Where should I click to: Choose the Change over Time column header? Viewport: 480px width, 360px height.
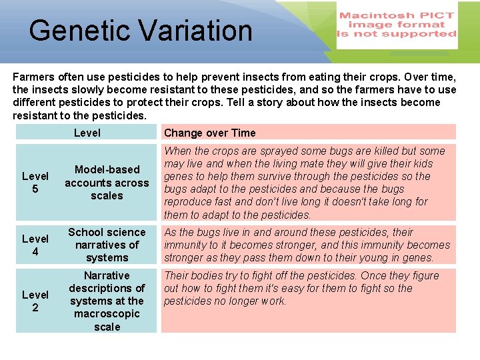pos(209,133)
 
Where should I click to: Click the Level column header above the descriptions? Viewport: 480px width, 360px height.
pos(87,133)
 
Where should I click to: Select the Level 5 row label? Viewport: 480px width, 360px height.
pos(35,183)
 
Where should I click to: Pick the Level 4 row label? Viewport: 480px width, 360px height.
pos(35,245)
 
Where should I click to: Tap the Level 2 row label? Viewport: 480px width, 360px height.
pos(35,301)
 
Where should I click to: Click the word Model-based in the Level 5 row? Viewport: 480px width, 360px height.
pos(107,170)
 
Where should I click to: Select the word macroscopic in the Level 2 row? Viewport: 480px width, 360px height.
pos(107,314)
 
